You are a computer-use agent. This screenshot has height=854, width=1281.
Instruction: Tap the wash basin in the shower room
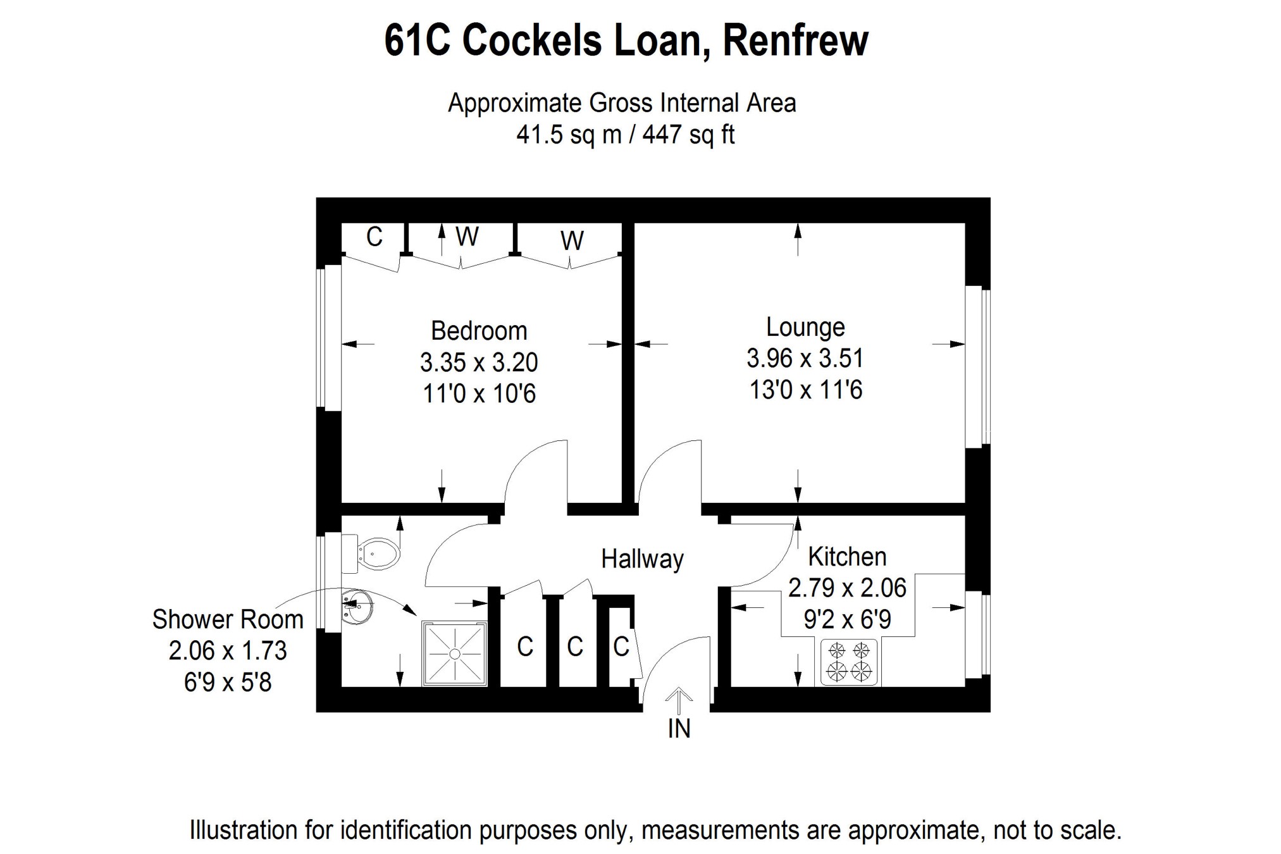(x=357, y=606)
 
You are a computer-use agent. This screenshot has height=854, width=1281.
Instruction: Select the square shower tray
(x=455, y=653)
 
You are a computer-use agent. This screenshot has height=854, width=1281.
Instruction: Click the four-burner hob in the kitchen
(x=850, y=662)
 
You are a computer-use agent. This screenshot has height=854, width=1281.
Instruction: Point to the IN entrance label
(x=679, y=729)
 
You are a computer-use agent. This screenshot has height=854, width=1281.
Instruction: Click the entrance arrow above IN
(x=679, y=698)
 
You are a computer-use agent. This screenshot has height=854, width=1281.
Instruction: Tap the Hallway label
(x=642, y=559)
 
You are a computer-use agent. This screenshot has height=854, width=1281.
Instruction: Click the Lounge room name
(x=805, y=327)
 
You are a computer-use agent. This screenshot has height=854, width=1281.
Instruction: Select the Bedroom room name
(x=479, y=331)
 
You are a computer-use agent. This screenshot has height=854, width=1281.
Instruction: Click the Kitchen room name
(x=847, y=557)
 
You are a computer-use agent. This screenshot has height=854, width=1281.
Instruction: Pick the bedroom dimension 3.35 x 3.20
(x=479, y=362)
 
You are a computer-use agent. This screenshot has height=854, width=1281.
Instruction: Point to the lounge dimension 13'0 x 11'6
(x=805, y=390)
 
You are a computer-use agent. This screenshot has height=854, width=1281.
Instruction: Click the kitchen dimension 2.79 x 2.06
(x=847, y=588)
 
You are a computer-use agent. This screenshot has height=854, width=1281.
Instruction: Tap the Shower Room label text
(x=228, y=619)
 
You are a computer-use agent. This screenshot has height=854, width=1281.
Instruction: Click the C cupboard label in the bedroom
(x=374, y=237)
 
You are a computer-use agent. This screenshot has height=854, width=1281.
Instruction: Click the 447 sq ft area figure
(x=689, y=135)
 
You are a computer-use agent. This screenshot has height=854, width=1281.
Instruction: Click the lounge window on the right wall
(x=977, y=367)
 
